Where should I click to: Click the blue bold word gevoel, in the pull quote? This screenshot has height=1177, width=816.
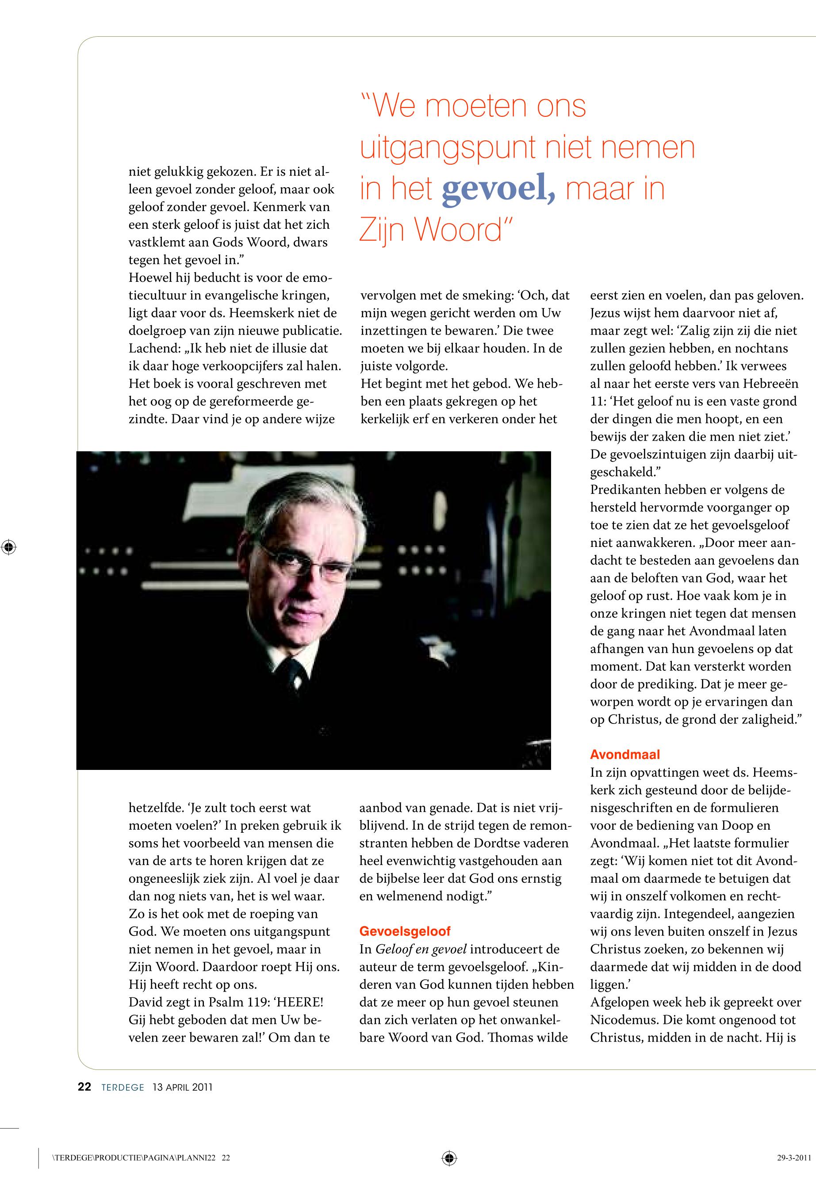click(x=498, y=189)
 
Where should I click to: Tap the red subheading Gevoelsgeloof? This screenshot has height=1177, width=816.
click(x=405, y=931)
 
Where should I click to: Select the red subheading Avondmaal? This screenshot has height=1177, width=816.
click(x=625, y=754)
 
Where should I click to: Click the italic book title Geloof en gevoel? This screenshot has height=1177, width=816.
click(x=421, y=949)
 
